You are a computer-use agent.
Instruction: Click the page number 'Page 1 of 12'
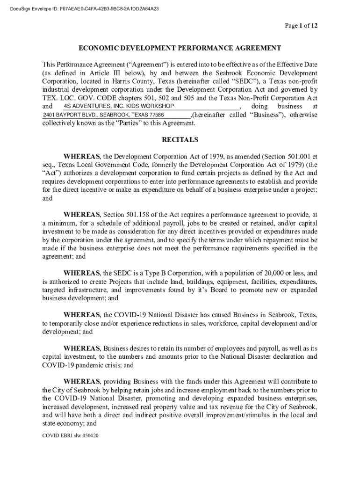click(x=302, y=26)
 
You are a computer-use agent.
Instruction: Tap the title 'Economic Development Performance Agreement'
click(x=180, y=48)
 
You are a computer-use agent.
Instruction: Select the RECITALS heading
click(x=180, y=139)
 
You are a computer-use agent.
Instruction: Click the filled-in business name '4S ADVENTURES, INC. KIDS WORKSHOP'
click(x=112, y=106)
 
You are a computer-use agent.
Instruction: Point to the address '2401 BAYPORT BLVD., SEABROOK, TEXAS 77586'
click(x=103, y=115)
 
